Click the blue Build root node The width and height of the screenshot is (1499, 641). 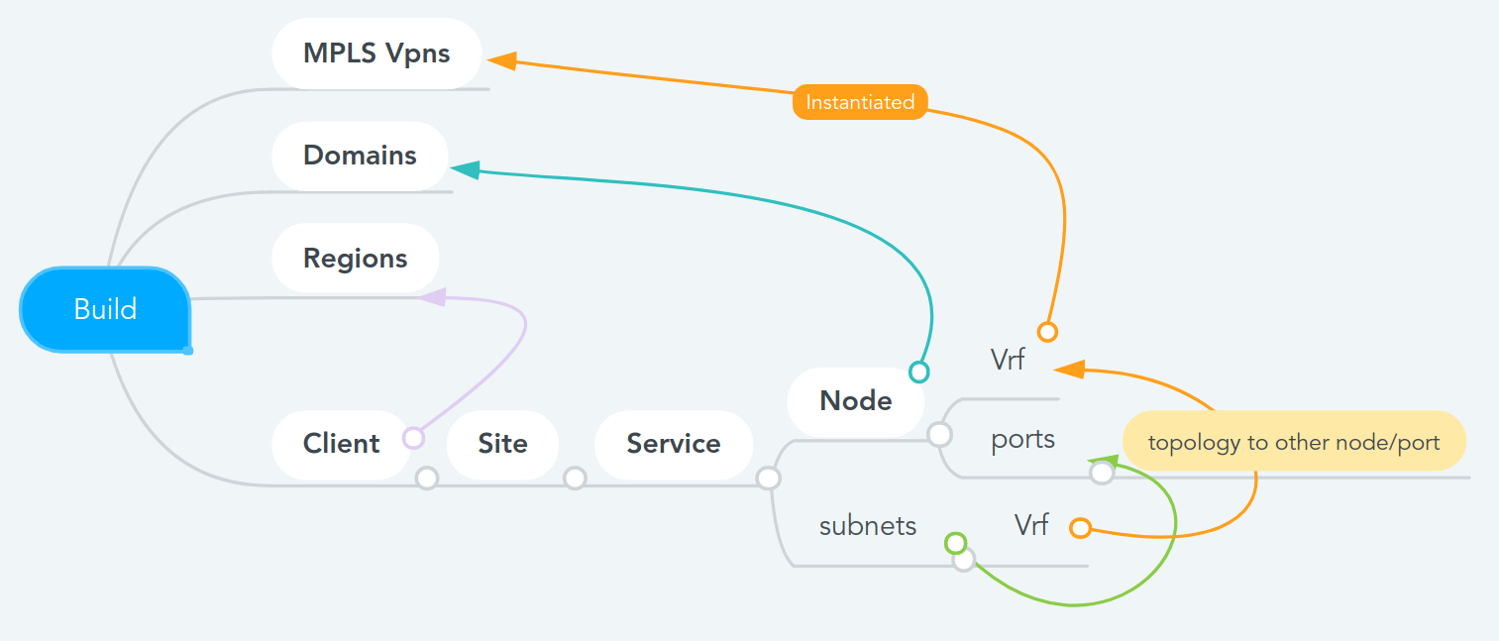tap(105, 309)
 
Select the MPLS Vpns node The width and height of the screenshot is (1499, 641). tap(376, 53)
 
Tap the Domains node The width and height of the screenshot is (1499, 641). tap(360, 156)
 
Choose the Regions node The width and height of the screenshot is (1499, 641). tap(355, 259)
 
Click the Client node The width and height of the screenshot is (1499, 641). tap(341, 444)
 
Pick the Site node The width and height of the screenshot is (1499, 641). tap(502, 444)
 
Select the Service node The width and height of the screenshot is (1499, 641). tap(673, 444)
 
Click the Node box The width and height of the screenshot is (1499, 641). tap(855, 401)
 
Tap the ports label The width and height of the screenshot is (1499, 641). tap(1022, 439)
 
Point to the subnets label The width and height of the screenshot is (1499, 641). tap(868, 526)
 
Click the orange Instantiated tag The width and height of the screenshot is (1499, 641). tap(860, 102)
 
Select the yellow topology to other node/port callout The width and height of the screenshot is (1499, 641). tap(1293, 442)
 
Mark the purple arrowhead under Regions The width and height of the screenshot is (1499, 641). tap(433, 295)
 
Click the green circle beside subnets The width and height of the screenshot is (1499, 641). tap(955, 543)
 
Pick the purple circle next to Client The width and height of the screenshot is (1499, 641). tap(413, 438)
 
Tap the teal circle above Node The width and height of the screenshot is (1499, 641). tap(919, 372)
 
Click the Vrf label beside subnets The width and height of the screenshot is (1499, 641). tap(1030, 525)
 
